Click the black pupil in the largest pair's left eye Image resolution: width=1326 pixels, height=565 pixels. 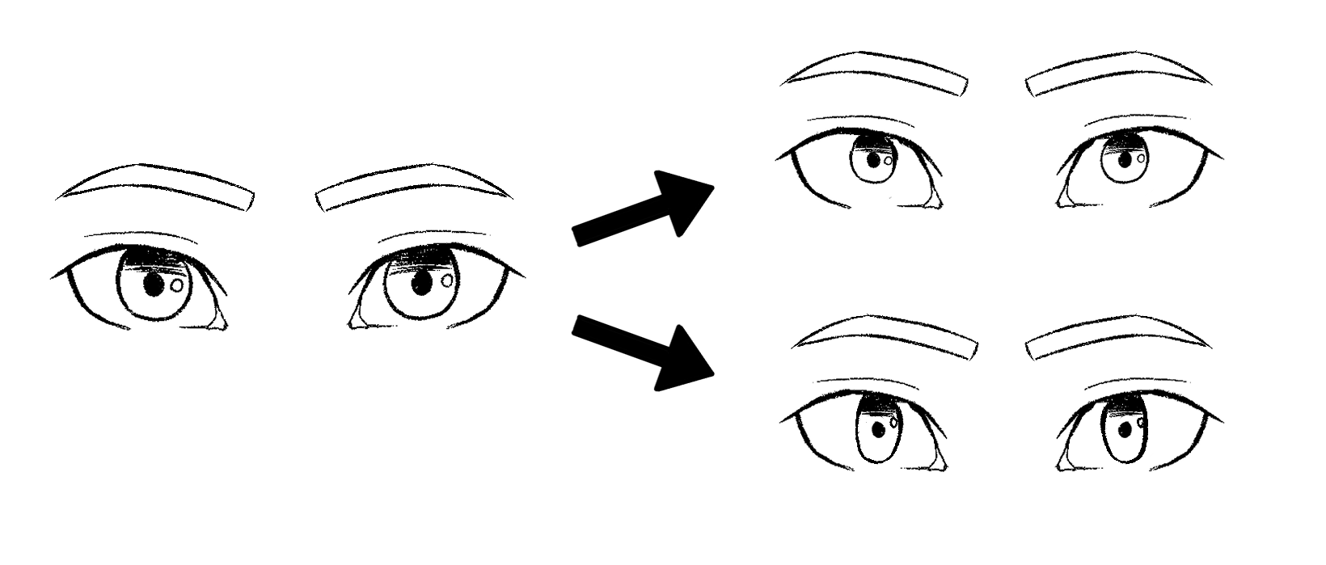pos(154,285)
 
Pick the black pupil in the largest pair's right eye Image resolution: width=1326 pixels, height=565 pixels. pos(420,284)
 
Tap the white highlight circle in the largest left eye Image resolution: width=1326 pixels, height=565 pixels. pos(177,285)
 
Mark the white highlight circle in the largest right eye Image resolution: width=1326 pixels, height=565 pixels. pos(447,280)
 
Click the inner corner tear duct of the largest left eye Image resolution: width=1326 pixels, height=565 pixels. pos(217,319)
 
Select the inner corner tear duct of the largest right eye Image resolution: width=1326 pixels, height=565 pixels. pos(357,319)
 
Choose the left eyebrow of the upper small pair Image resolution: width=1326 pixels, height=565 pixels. pos(877,73)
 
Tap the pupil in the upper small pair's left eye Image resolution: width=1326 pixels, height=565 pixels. pos(873,160)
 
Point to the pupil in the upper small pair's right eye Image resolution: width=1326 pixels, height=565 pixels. pos(1125,160)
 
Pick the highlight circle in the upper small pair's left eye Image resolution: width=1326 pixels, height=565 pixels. pos(888,160)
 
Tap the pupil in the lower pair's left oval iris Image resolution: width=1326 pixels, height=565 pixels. pos(876,431)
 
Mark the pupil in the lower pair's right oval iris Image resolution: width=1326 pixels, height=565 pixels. pos(1125,429)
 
